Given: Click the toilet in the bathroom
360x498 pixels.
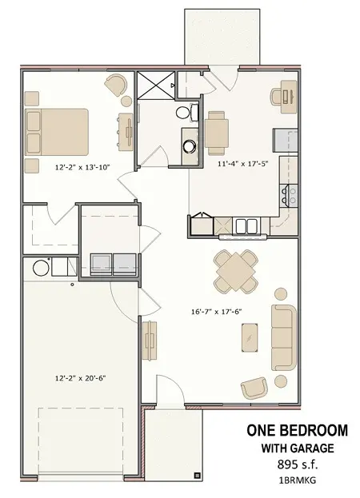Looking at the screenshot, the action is pos(186,112).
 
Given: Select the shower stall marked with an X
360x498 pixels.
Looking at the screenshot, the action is pos(156,85).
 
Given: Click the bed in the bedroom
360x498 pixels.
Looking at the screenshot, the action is pos(57,132).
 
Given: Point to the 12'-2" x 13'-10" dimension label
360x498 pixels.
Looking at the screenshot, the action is pos(82,167).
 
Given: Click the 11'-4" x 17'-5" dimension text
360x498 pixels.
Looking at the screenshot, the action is pos(243,164).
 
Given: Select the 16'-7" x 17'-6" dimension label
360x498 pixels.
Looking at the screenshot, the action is pos(216,312).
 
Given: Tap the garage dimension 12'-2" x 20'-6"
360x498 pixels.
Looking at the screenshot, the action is pos(80,378).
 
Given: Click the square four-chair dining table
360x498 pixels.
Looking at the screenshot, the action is pos(235,272).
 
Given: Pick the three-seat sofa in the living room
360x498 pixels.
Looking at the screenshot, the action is pos(284,337).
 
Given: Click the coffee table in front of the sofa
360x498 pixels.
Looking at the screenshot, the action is pos(250,337).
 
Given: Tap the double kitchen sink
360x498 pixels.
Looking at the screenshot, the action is pos(246,225).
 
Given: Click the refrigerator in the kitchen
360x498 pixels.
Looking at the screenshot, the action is pos(286,140).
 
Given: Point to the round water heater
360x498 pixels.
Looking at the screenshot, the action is pos(41,268).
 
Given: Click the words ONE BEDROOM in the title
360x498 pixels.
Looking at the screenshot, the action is pos(297,430).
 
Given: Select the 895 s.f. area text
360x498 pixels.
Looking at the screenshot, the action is pos(298,464).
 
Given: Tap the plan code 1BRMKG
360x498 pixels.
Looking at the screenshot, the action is pos(298,480).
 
